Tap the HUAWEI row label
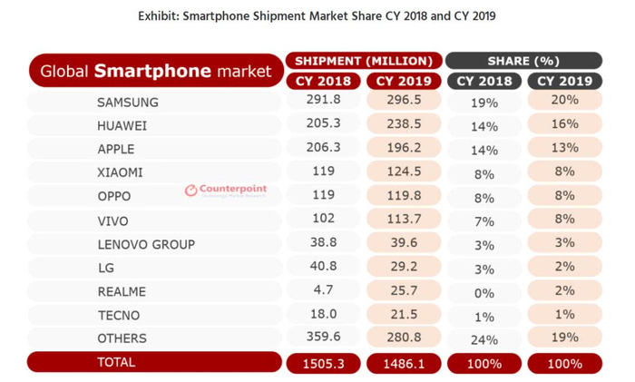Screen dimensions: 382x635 coord(122,125)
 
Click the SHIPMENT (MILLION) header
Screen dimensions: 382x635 coord(363,61)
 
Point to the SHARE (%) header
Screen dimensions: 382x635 coord(523,61)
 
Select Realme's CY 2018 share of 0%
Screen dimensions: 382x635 coord(484,292)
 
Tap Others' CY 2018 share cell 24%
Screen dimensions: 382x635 coord(484,339)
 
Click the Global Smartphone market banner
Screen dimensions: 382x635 coord(155,70)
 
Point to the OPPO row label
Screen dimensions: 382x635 coord(113,196)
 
